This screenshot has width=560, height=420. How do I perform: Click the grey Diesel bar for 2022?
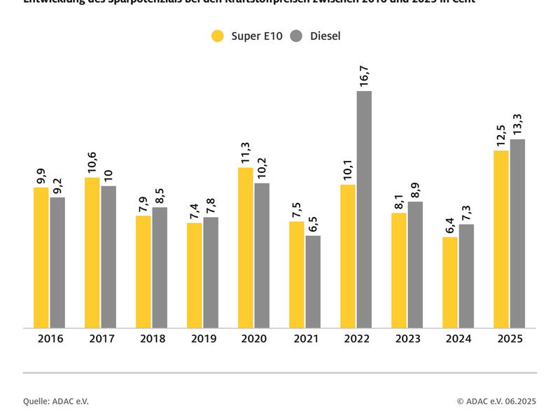pos(364,209)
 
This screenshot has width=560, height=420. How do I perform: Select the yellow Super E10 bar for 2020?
pos(245,248)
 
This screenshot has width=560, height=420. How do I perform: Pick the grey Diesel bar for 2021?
pos(313,281)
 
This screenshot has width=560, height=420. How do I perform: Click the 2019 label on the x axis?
pos(203,339)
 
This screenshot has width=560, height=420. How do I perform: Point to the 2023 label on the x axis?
pos(407,339)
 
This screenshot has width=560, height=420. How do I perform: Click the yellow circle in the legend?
pos(218,36)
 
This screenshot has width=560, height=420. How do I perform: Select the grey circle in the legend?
pos(295,36)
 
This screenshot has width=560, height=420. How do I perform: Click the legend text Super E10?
pos(256,36)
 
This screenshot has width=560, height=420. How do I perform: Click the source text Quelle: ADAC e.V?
pos(56,401)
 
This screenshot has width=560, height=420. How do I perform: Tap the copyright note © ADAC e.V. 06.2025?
pos(496,401)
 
